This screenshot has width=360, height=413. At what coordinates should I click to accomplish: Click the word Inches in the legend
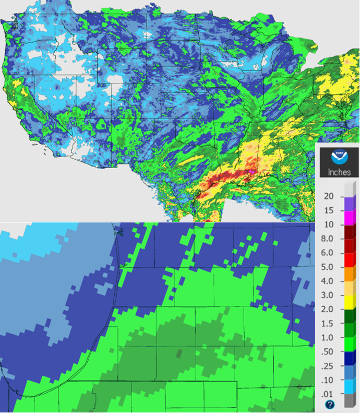(x=339, y=172)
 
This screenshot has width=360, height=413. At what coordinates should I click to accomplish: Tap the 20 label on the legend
(x=329, y=196)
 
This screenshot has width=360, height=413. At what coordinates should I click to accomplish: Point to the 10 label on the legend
(x=329, y=224)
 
